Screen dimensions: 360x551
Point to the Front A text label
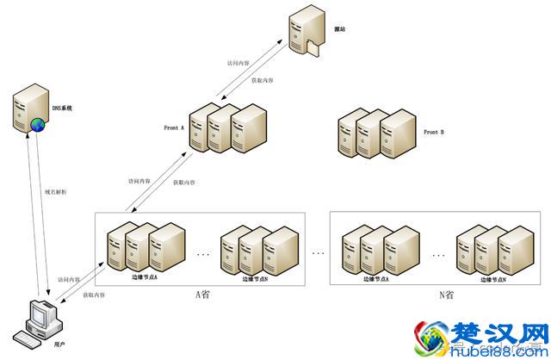click(x=174, y=127)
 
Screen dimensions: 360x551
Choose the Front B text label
click(x=434, y=133)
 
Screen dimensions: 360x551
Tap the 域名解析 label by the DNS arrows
click(x=55, y=192)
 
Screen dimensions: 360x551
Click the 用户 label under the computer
click(x=59, y=344)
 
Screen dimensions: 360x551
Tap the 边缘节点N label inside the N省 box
click(x=492, y=279)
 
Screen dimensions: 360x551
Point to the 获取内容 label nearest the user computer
click(x=94, y=295)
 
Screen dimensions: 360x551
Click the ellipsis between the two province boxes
click(x=319, y=252)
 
